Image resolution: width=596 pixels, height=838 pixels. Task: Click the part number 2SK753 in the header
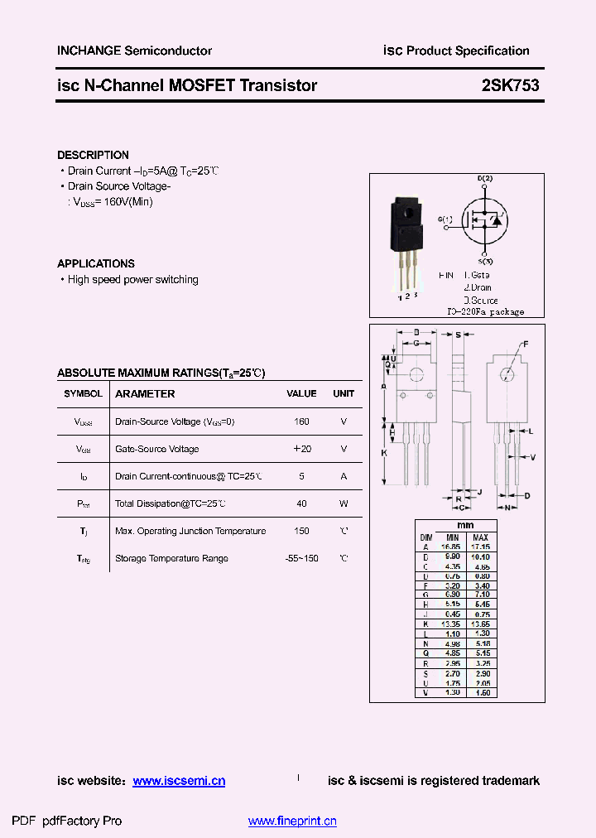tap(510, 85)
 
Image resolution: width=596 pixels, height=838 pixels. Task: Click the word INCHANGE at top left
tap(89, 51)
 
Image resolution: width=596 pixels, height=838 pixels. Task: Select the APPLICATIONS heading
tap(96, 263)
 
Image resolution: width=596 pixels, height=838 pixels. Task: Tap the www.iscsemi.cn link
tap(179, 781)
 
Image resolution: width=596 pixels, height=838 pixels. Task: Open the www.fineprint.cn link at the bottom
tap(292, 821)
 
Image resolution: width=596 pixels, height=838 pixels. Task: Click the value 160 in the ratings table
tap(301, 421)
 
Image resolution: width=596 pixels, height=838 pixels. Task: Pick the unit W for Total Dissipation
tap(344, 503)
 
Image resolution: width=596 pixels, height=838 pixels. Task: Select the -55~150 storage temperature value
tap(301, 558)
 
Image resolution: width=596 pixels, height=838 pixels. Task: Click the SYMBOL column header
tap(83, 394)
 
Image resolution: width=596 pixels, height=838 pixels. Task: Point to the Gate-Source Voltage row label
tap(156, 449)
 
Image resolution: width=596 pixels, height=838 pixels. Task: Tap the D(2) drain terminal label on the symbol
tap(485, 179)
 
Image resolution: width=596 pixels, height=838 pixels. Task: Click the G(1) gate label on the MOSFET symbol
tap(445, 219)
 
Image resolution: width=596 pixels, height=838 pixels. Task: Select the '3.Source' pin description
tap(480, 300)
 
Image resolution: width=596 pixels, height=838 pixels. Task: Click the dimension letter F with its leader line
tap(525, 343)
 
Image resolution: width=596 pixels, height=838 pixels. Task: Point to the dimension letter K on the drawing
tap(384, 453)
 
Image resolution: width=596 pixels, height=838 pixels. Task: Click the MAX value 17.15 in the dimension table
tap(480, 547)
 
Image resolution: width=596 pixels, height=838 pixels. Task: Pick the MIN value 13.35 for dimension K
tap(452, 623)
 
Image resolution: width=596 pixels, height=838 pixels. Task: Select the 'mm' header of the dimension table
tap(465, 526)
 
